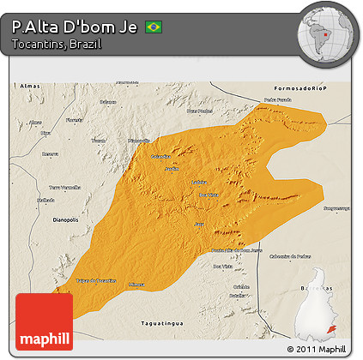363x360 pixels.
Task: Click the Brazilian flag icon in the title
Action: click(154, 27)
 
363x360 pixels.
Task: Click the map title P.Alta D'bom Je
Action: click(76, 27)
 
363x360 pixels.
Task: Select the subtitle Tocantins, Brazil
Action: click(57, 44)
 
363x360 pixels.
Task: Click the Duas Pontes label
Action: click(199, 111)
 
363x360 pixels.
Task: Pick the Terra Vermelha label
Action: click(64, 186)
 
